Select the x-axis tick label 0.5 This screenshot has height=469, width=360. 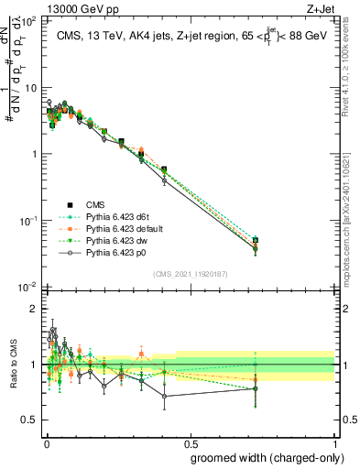[191, 442]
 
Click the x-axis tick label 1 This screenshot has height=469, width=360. [333, 442]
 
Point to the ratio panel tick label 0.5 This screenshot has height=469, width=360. [28, 420]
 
